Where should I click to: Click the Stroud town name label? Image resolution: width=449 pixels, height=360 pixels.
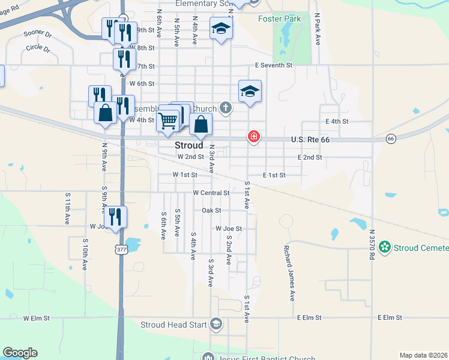click(x=188, y=145)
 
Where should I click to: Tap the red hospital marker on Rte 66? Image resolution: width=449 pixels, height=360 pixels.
click(x=254, y=137)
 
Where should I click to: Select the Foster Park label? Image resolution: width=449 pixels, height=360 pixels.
click(x=279, y=19)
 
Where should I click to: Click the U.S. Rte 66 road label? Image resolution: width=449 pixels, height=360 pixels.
click(x=310, y=140)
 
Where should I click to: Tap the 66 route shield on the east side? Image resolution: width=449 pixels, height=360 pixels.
click(x=391, y=139)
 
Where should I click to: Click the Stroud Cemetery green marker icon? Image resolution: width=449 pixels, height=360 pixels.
click(x=384, y=247)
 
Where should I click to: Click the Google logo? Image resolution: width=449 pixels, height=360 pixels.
click(x=20, y=353)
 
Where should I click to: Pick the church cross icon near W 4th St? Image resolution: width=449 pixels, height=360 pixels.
click(x=225, y=109)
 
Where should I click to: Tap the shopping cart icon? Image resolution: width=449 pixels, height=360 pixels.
click(x=168, y=121)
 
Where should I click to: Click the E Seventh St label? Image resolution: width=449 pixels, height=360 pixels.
click(x=273, y=65)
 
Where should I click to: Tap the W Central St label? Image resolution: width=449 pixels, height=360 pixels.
click(x=211, y=193)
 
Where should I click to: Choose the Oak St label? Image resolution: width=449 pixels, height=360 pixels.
click(x=211, y=211)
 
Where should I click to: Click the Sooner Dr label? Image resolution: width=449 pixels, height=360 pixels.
click(x=37, y=34)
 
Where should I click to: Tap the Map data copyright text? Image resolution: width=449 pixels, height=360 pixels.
click(x=423, y=355)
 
